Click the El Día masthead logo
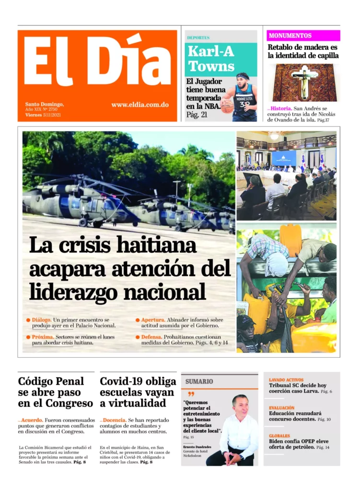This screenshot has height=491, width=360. pos(97,61)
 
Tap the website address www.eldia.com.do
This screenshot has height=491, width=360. pos(139,105)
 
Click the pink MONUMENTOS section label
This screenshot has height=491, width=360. pos(290,35)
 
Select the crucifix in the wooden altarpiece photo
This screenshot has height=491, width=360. pos(303,81)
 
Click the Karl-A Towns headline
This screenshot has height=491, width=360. pos(211,58)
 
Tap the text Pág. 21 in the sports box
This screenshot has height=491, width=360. pos(197,114)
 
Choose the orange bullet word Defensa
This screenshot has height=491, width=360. pos(151,337)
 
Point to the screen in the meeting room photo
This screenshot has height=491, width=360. pos(284,158)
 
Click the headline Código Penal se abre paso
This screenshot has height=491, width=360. pos(55,392)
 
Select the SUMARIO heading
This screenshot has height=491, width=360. pos(199,381)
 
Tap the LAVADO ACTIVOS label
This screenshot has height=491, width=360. pos(286,380)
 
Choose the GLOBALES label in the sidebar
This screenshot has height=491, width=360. pos(280,436)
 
